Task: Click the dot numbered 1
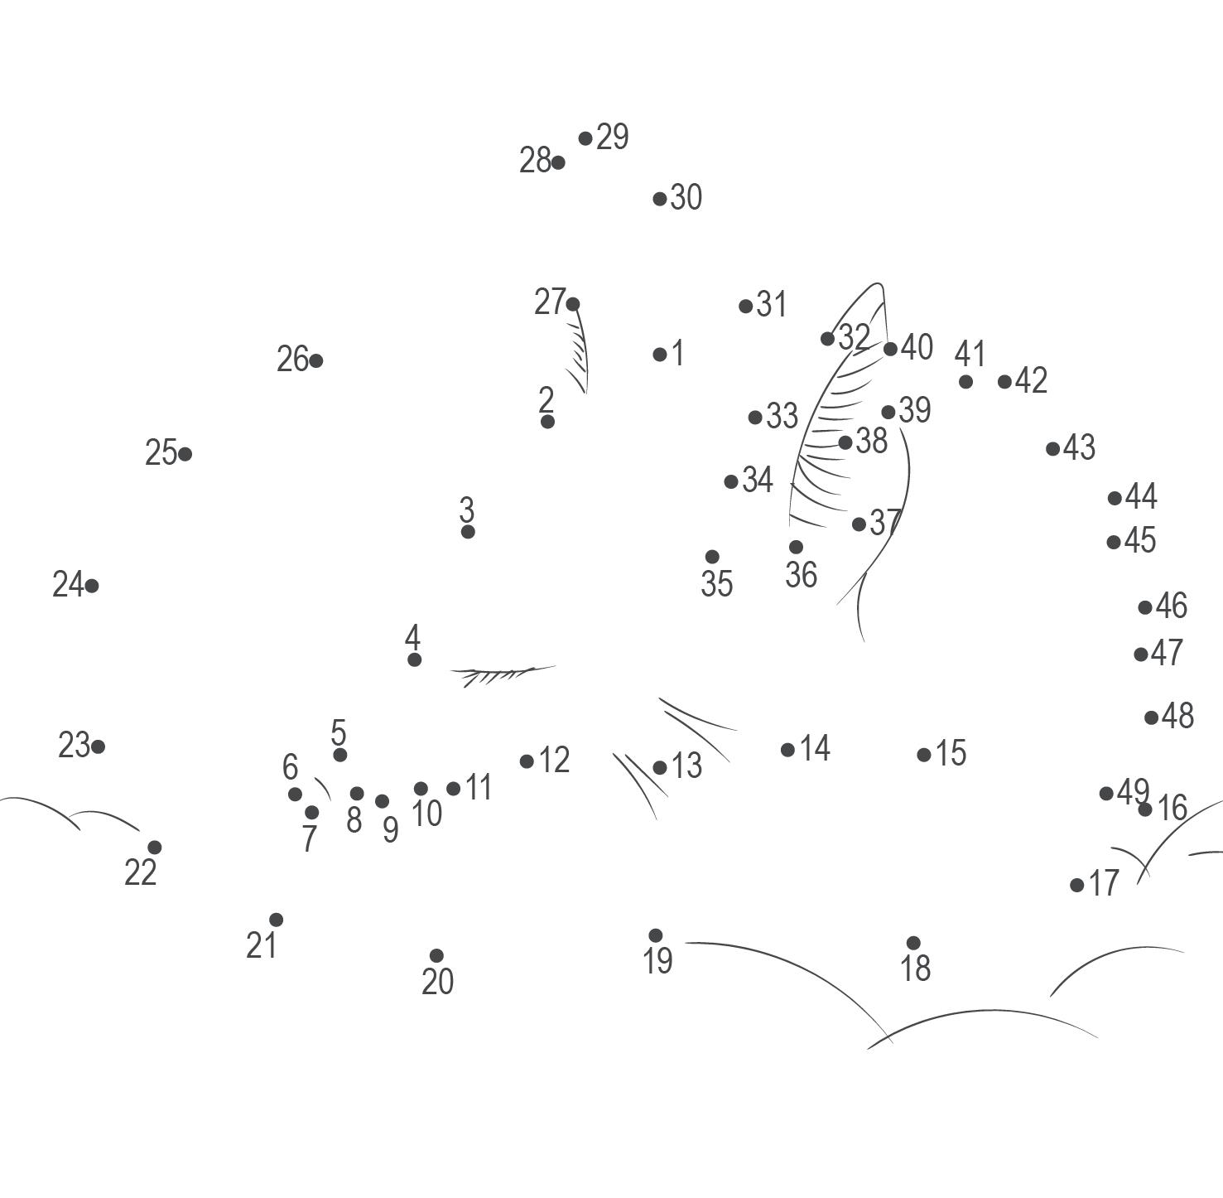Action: [660, 355]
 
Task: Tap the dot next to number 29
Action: [585, 138]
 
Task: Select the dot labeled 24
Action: [92, 586]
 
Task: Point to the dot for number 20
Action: [437, 956]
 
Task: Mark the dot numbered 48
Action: [1152, 717]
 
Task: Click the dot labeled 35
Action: [712, 557]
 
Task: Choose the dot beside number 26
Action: [315, 360]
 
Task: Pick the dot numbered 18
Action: [913, 943]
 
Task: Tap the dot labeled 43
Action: [1053, 449]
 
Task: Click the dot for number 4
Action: [414, 659]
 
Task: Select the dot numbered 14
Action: [787, 750]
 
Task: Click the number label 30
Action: [686, 197]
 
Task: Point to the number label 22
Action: [141, 872]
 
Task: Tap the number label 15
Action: [951, 753]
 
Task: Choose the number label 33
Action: [782, 416]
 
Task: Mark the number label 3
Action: [467, 509]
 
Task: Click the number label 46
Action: [1172, 606]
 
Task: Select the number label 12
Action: [554, 760]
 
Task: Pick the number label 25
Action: [161, 453]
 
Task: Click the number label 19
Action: [658, 961]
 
